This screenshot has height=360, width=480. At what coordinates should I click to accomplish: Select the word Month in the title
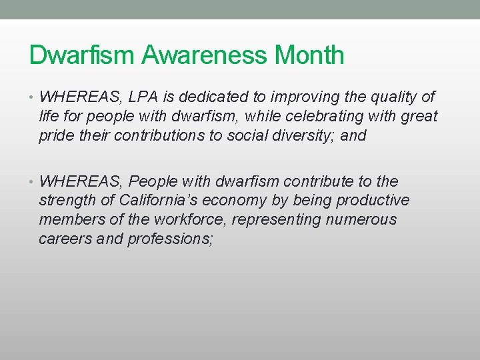(309, 55)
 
